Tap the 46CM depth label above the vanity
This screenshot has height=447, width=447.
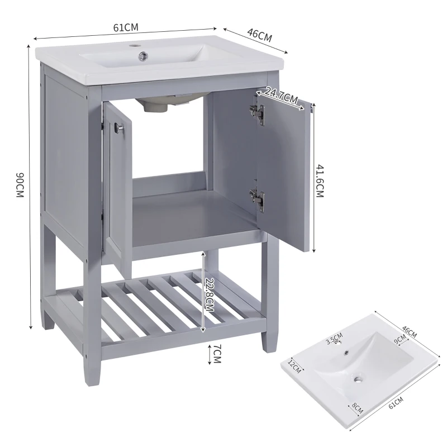(259, 36)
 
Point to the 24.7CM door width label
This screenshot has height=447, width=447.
(281, 96)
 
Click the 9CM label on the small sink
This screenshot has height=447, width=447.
(400, 339)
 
